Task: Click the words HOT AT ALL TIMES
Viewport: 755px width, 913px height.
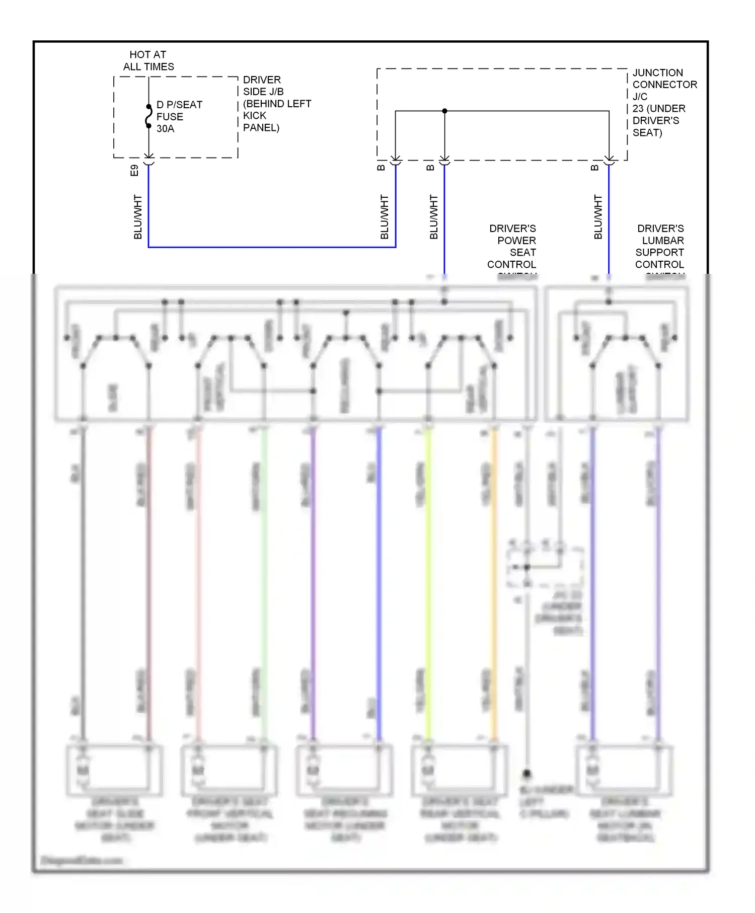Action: point(148,60)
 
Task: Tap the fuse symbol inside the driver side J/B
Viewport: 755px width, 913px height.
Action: point(148,116)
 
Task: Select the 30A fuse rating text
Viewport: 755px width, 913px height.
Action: point(165,129)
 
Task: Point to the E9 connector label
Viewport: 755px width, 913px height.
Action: point(134,170)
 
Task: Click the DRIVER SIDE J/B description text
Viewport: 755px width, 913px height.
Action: point(276,104)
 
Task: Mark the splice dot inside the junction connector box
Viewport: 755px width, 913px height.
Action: point(444,111)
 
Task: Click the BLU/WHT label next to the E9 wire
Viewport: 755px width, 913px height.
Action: point(138,217)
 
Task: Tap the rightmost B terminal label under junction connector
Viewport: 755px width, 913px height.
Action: point(595,168)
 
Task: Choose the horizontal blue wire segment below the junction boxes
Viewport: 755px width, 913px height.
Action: point(272,247)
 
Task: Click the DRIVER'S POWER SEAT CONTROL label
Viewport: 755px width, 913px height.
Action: point(512,247)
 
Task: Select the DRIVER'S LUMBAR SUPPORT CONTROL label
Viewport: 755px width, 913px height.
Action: point(659,247)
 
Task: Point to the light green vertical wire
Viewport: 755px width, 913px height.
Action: point(264,579)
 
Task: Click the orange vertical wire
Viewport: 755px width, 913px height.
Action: point(494,579)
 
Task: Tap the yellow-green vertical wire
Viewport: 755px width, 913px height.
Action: point(428,579)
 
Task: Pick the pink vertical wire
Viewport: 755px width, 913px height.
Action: point(198,579)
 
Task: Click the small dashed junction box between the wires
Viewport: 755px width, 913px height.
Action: point(545,568)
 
